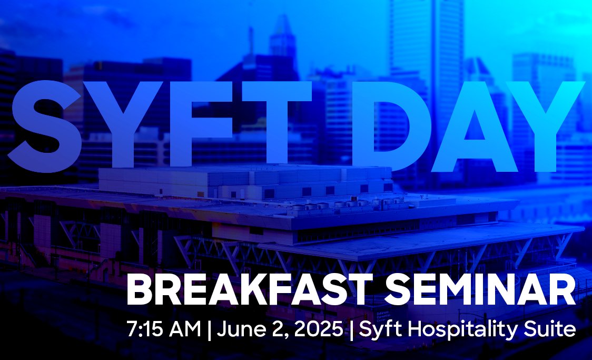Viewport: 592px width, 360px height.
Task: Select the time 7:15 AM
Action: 164,330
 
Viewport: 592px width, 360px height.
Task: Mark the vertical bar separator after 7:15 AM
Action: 209,331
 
